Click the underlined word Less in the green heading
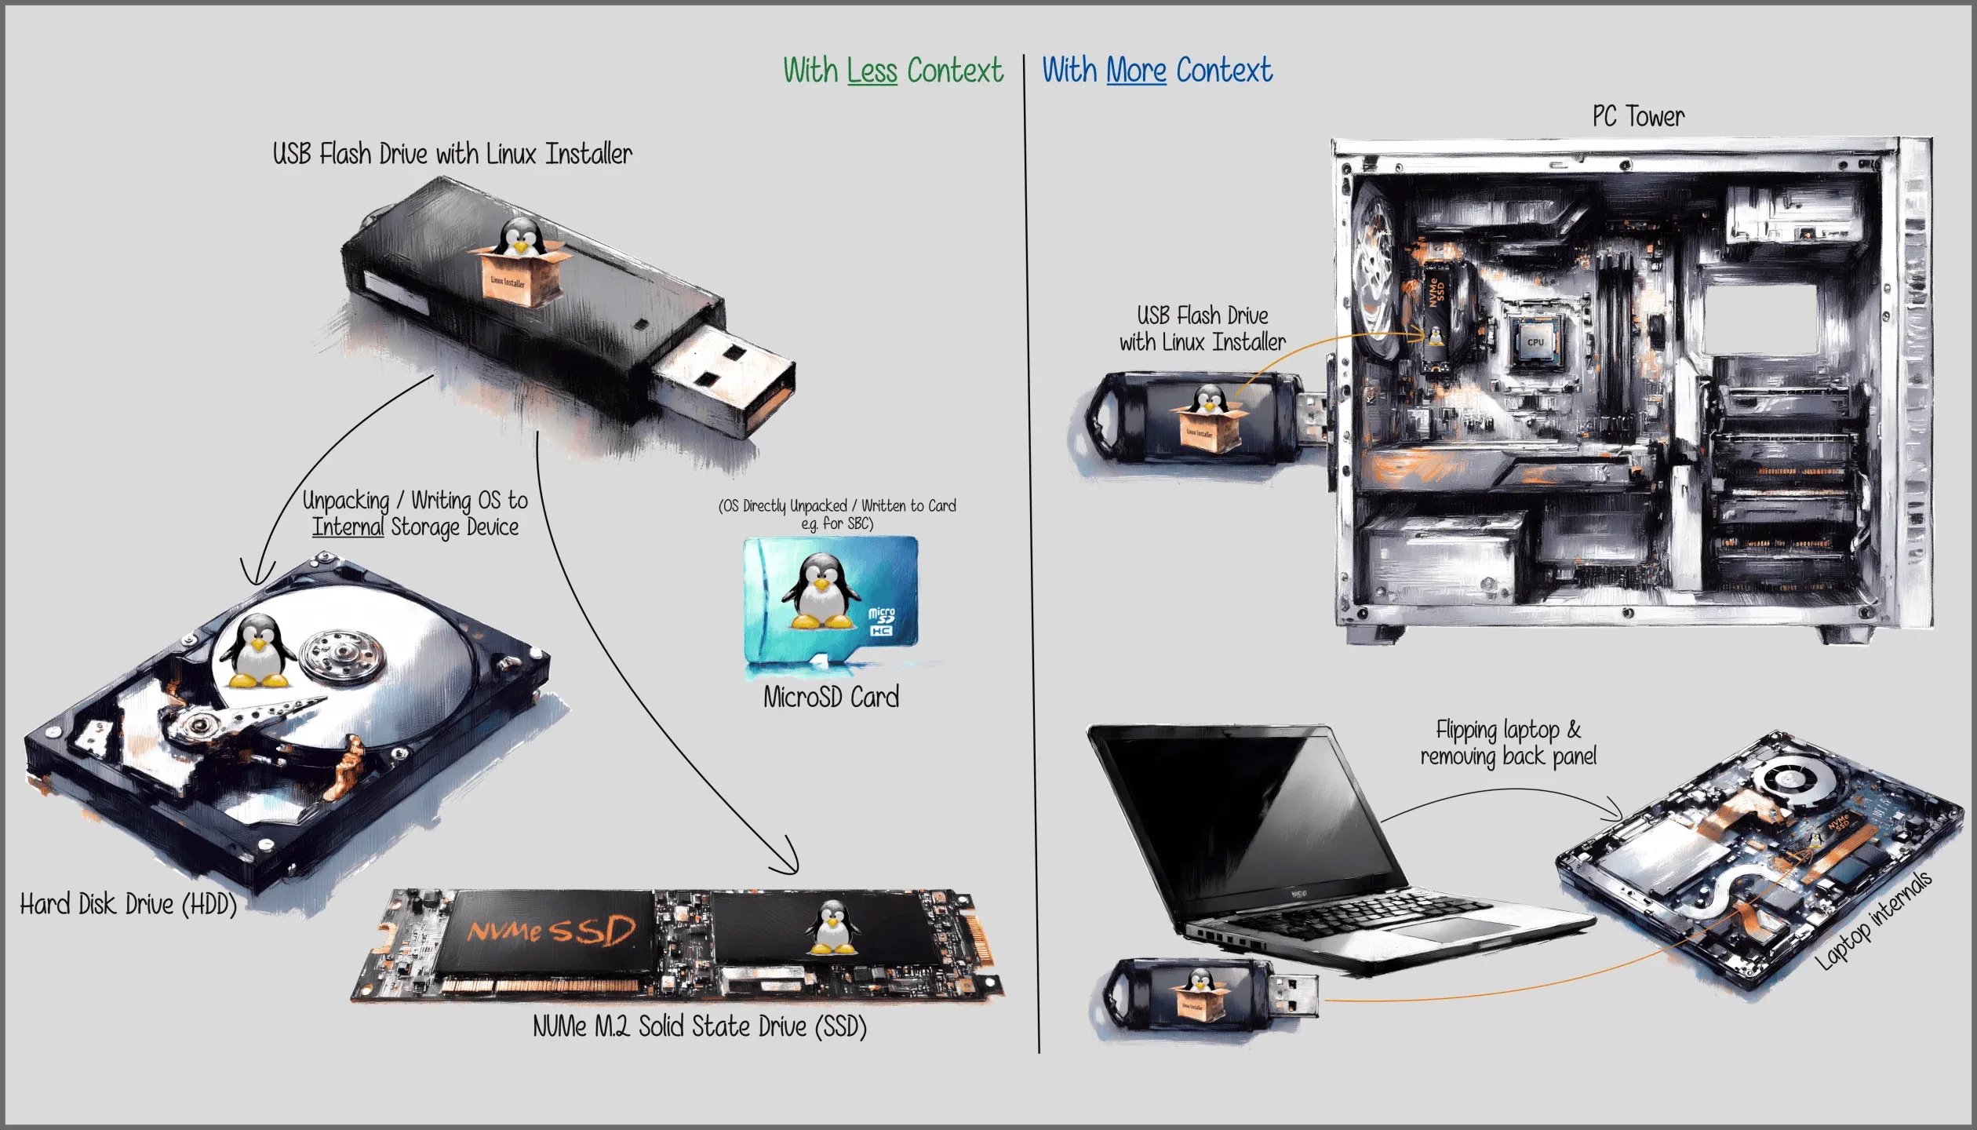click(x=872, y=71)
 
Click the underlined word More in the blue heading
click(x=1136, y=71)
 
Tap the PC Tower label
click(x=1638, y=117)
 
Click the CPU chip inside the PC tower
click(x=1535, y=342)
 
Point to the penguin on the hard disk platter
click(x=257, y=651)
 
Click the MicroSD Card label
click(x=831, y=698)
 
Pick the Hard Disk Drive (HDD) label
click(x=128, y=905)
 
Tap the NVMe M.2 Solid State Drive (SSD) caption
click(x=699, y=1026)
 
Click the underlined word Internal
click(x=348, y=527)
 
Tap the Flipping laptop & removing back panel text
click(x=1508, y=743)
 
